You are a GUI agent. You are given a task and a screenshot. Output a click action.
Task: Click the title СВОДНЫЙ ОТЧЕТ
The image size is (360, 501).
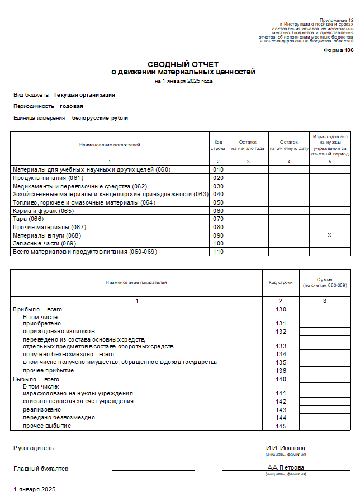(183, 64)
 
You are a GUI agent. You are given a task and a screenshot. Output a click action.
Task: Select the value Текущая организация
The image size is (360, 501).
(84, 95)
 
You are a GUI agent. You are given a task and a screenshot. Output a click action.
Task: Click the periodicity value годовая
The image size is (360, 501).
(72, 106)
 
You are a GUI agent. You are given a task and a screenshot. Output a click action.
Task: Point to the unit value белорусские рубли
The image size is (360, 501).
(100, 118)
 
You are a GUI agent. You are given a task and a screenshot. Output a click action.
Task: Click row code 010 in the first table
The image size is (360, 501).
(218, 169)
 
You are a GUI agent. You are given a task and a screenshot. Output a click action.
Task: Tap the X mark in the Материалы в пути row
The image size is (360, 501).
(329, 235)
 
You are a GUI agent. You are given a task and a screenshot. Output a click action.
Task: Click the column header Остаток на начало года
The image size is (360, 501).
(248, 145)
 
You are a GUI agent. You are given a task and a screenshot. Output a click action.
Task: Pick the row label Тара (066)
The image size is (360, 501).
(29, 219)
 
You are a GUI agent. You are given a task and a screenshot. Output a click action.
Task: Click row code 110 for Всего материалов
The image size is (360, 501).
(218, 252)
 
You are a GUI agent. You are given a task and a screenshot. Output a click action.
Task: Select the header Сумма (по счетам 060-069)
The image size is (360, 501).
(325, 283)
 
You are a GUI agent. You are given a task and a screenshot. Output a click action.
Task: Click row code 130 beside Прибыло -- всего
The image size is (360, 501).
(281, 310)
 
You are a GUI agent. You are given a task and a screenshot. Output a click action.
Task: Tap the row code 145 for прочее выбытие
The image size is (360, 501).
(281, 426)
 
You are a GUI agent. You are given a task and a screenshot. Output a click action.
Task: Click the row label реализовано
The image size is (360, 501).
(42, 409)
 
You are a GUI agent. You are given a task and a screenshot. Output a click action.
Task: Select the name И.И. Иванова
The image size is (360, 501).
(285, 448)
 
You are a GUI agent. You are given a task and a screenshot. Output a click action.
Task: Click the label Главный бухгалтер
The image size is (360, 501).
(41, 469)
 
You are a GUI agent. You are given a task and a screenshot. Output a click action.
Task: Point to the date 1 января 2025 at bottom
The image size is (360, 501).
(35, 489)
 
